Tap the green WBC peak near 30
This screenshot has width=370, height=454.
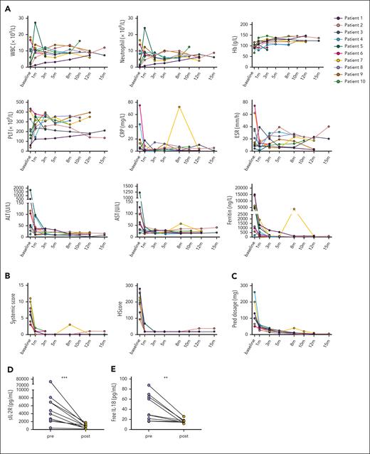pyautogui.click(x=35, y=22)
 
